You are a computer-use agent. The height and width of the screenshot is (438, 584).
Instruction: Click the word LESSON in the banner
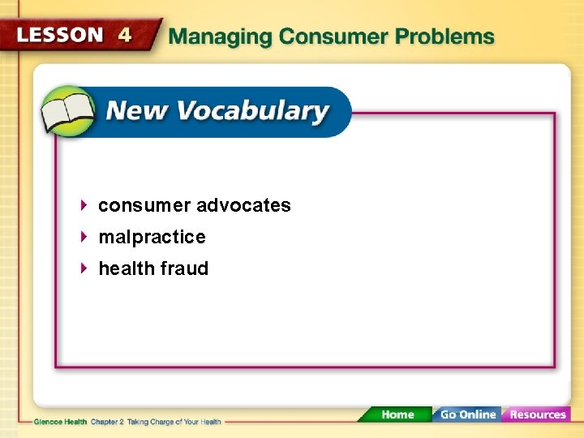pyautogui.click(x=60, y=35)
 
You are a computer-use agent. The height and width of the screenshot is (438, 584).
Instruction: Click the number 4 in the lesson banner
pyautogui.click(x=125, y=35)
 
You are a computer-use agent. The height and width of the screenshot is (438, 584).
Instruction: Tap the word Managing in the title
pyautogui.click(x=219, y=37)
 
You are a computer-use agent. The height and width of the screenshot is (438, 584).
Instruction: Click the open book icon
pyautogui.click(x=68, y=113)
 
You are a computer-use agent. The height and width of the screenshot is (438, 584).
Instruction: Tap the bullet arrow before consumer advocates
pyautogui.click(x=85, y=205)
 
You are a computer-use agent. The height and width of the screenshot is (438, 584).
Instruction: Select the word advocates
pyautogui.click(x=243, y=205)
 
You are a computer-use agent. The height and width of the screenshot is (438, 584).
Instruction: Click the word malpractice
pyautogui.click(x=152, y=237)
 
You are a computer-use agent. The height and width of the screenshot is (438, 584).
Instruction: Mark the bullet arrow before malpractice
pyautogui.click(x=85, y=237)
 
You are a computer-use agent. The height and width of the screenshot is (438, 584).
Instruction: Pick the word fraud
pyautogui.click(x=187, y=268)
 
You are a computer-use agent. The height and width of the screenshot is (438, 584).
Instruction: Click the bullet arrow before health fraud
pyautogui.click(x=85, y=268)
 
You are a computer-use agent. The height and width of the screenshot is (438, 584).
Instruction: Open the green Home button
pyautogui.click(x=397, y=414)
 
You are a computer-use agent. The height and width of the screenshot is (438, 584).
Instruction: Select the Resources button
pyautogui.click(x=536, y=414)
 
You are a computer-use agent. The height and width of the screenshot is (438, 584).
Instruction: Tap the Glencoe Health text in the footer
pyautogui.click(x=61, y=422)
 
